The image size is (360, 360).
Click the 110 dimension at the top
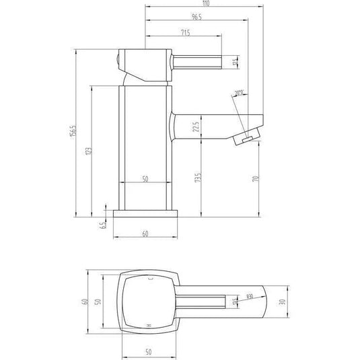203,4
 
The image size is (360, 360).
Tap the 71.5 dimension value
184,32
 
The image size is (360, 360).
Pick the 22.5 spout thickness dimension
196,127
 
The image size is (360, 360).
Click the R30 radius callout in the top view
249,297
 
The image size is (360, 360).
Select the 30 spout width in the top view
285,302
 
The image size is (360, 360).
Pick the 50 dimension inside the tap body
146,180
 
